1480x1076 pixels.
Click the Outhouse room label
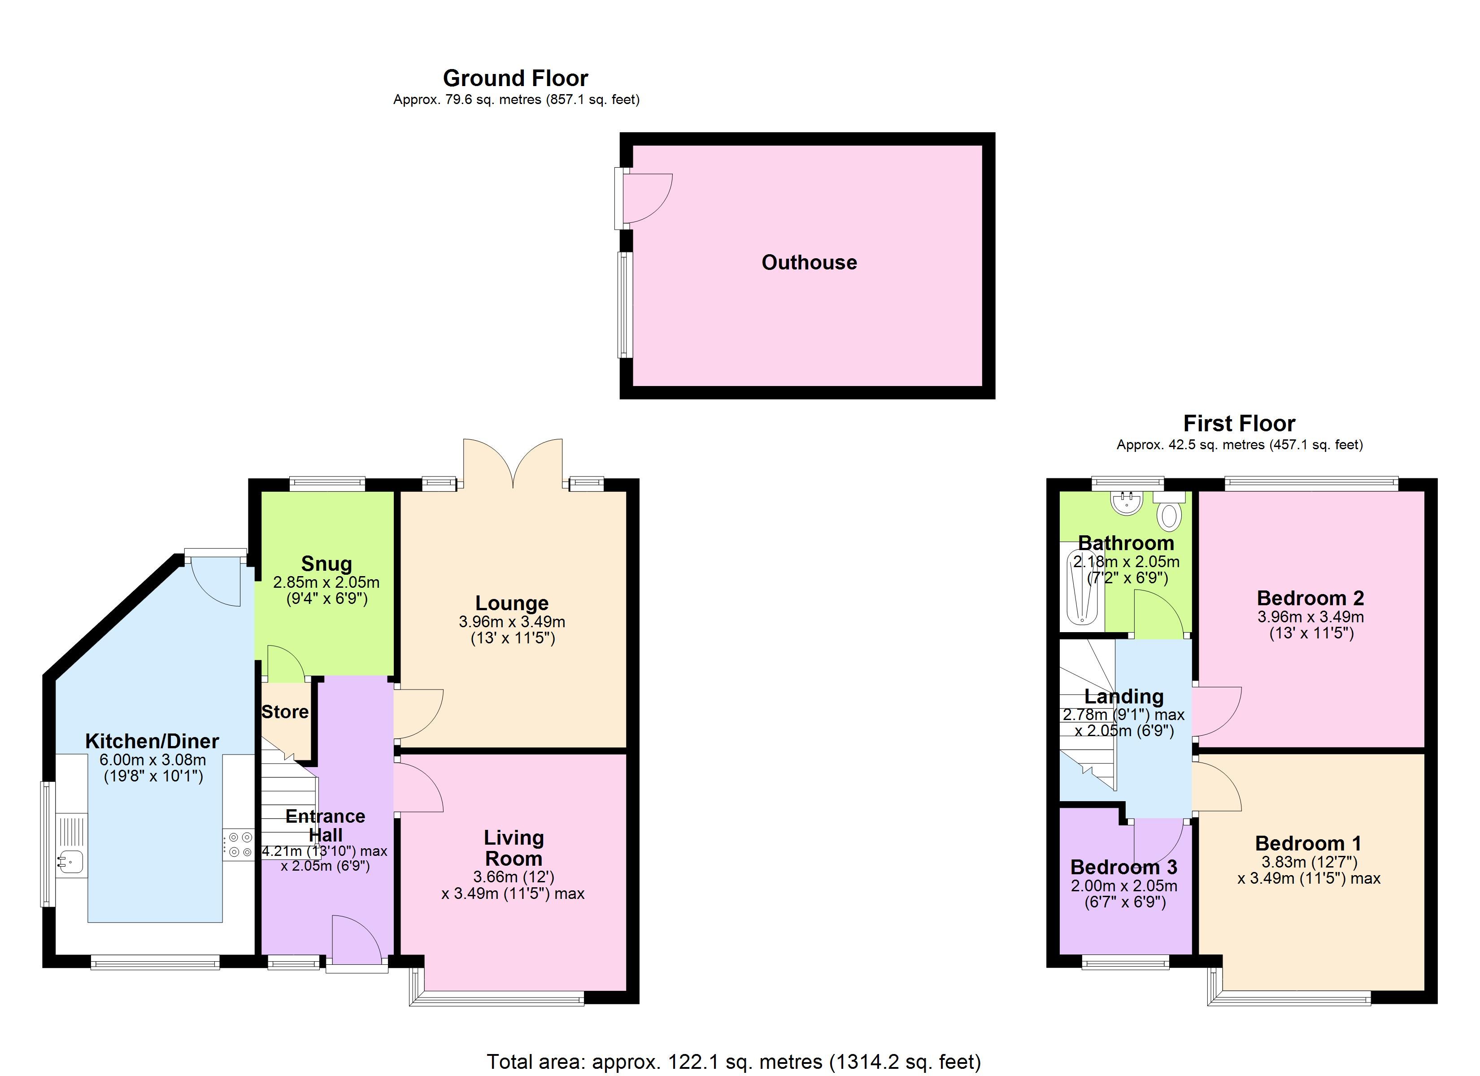pyautogui.click(x=809, y=262)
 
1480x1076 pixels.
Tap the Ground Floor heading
pyautogui.click(x=515, y=78)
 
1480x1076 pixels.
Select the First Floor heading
pyautogui.click(x=1239, y=424)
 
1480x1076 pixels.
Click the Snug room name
pyautogui.click(x=326, y=564)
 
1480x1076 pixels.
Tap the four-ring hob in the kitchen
pyautogui.click(x=238, y=844)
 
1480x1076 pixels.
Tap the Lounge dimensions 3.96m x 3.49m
pyautogui.click(x=512, y=622)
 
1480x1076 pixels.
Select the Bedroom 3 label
pyautogui.click(x=1124, y=867)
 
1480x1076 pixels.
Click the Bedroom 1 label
pyautogui.click(x=1308, y=844)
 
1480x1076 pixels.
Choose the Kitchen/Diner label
pyautogui.click(x=152, y=741)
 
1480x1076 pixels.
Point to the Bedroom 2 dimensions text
pyautogui.click(x=1310, y=625)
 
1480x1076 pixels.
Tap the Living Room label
pyautogui.click(x=514, y=848)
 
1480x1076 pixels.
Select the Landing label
pyautogui.click(x=1124, y=697)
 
